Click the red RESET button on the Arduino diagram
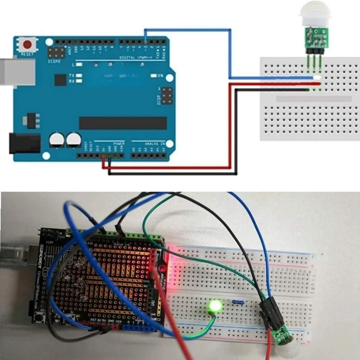click(27, 45)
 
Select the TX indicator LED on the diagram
click(78, 76)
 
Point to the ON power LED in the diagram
click(154, 76)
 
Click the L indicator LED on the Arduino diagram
click(79, 64)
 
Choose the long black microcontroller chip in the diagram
click(123, 123)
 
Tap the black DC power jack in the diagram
click(24, 143)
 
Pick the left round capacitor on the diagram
click(57, 140)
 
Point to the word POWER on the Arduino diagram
click(119, 143)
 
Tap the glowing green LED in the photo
click(216, 306)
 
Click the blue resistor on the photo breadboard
click(238, 302)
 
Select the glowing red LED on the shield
click(162, 268)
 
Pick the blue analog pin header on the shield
click(135, 328)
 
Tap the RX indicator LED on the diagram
click(78, 81)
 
